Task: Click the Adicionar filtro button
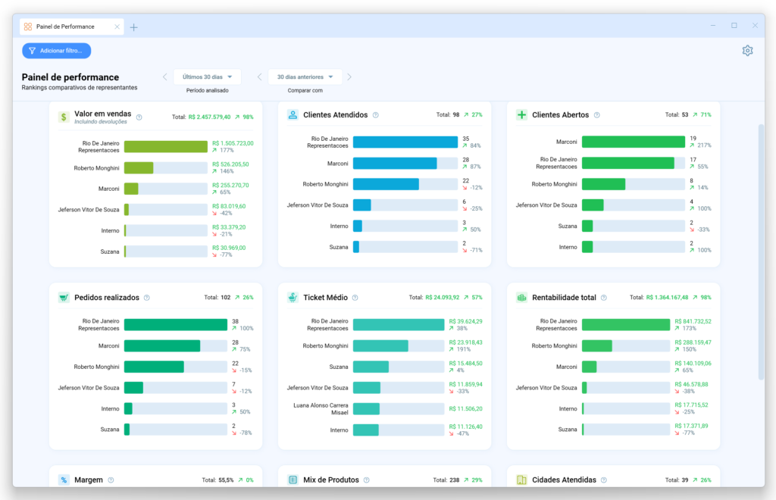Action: [57, 51]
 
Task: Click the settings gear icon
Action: [747, 51]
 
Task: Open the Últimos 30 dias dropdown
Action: [207, 77]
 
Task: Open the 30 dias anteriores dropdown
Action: [305, 77]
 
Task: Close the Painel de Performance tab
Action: [117, 27]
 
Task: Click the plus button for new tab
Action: [134, 27]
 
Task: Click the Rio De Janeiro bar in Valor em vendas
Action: [165, 147]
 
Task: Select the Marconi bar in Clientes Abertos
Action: [633, 142]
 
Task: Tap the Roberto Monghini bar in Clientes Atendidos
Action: [386, 184]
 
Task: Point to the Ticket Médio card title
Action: [324, 298]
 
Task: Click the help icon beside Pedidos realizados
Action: [147, 298]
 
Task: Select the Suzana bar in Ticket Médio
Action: [371, 367]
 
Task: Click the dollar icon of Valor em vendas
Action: [64, 117]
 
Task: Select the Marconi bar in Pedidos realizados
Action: [162, 345]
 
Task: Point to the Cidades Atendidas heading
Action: [564, 480]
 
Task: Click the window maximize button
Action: [734, 25]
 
